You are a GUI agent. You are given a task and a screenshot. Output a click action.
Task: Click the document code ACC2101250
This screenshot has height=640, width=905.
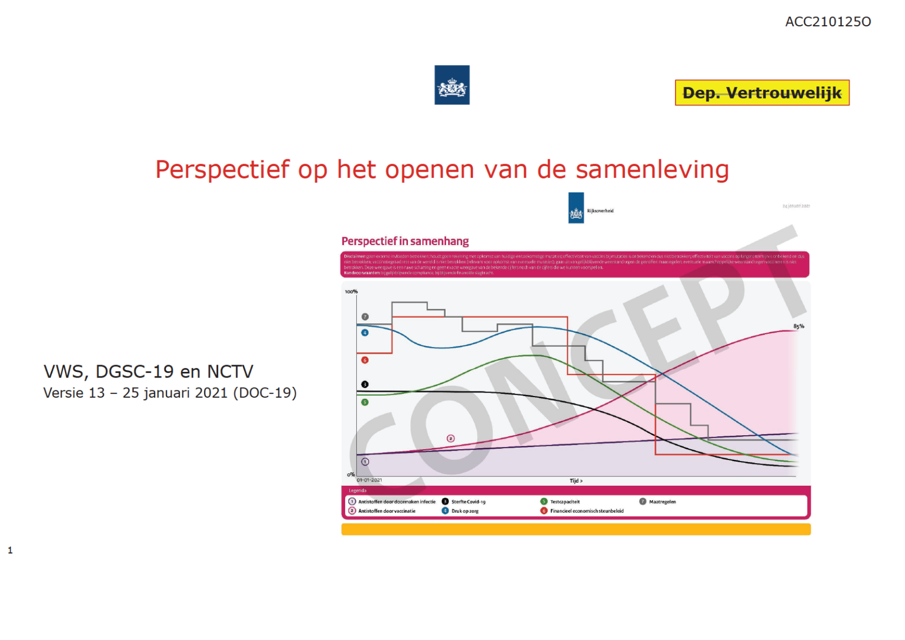coord(828,22)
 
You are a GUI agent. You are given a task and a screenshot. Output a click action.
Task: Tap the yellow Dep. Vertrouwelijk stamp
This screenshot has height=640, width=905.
coord(762,93)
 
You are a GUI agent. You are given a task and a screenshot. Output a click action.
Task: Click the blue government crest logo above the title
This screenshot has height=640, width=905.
coord(452,85)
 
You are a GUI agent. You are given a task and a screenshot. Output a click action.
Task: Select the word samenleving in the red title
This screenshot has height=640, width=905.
coord(652,170)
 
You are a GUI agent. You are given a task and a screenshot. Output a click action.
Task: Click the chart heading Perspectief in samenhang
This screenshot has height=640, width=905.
coord(405,241)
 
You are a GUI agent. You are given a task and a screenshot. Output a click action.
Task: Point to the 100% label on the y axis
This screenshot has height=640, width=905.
coord(351,292)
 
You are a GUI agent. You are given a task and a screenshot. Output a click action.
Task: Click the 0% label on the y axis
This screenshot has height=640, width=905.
coord(351,474)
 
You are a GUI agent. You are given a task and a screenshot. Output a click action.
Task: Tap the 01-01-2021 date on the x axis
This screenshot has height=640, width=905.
coord(369,480)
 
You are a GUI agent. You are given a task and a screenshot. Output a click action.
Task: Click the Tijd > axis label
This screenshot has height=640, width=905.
coord(576,481)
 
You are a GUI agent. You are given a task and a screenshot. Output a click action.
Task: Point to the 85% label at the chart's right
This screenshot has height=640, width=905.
coord(798,326)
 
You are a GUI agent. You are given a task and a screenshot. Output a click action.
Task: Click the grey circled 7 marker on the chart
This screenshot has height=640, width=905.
coord(365,317)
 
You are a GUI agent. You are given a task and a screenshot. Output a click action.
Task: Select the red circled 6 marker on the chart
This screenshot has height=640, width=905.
coord(365,360)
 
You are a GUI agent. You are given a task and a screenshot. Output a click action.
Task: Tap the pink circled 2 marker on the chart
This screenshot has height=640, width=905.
coord(451,438)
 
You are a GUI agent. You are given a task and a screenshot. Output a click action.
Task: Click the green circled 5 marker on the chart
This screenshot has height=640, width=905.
coord(365,402)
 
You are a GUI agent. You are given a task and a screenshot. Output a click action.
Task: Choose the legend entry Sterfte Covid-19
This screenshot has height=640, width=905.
coord(468,502)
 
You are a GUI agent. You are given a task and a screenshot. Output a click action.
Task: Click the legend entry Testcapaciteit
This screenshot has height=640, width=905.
coord(565,502)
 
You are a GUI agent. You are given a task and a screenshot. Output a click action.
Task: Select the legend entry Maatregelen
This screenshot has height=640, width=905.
coord(662,502)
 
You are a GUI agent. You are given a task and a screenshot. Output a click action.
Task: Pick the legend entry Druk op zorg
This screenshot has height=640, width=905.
coord(465,511)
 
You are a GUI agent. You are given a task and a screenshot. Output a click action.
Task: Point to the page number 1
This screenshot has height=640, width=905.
coord(10,550)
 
